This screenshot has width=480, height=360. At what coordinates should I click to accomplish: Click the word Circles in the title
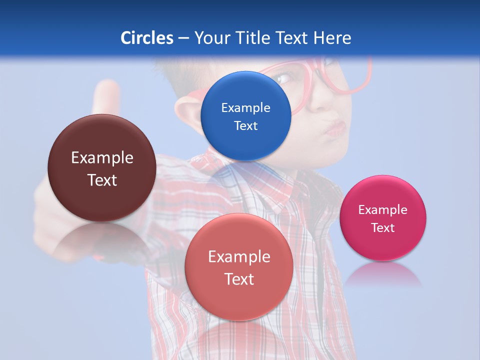click(x=147, y=38)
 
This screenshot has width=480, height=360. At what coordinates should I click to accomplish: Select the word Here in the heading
click(x=332, y=38)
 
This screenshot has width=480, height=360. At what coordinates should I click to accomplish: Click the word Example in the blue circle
click(x=245, y=107)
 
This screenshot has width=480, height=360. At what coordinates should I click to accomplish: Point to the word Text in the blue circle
click(x=245, y=125)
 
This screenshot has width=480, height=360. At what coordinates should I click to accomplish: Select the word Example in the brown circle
click(x=102, y=158)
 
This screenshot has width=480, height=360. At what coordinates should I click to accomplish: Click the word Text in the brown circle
click(x=102, y=180)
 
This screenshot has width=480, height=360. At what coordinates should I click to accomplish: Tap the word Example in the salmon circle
click(x=239, y=257)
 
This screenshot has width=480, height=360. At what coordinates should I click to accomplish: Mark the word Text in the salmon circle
click(x=239, y=279)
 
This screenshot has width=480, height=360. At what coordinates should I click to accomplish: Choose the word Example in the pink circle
click(x=382, y=209)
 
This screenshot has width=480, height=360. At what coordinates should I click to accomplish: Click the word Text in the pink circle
click(x=382, y=227)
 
